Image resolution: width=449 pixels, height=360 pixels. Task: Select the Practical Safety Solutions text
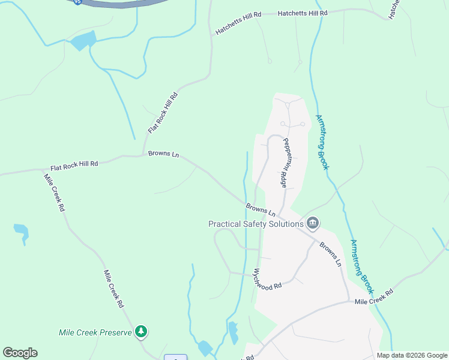point(256,224)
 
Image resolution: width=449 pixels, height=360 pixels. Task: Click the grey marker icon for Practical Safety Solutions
point(313,224)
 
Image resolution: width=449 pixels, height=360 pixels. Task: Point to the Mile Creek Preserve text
point(95,332)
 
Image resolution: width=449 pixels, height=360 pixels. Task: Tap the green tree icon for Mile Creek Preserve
point(141,331)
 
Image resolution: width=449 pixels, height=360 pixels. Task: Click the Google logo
point(20,353)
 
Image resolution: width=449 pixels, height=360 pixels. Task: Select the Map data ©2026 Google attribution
point(411,355)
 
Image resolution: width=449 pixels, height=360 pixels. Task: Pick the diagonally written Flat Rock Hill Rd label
point(163,113)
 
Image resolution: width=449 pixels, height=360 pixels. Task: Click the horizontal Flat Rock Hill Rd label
point(74,166)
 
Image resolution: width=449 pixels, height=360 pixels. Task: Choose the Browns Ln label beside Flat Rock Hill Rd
point(163,155)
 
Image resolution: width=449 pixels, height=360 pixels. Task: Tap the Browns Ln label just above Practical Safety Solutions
point(261,210)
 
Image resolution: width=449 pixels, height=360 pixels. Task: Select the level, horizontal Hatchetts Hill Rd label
point(303,13)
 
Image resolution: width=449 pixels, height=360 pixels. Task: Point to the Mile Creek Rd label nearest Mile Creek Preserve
point(113,289)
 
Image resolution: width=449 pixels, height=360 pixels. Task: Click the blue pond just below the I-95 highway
point(83,41)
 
